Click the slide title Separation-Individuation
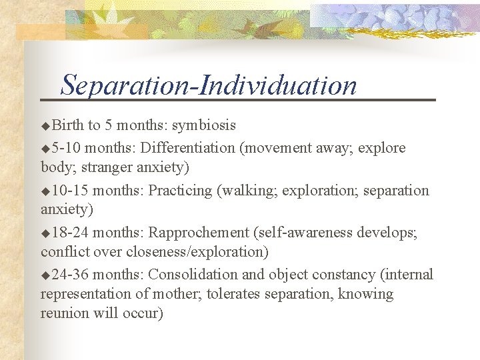tap(209, 85)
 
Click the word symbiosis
tap(204, 126)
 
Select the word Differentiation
tap(189, 147)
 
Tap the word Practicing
tap(180, 191)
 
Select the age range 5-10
tap(66, 148)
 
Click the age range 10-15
tap(70, 191)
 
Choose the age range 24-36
tap(70, 275)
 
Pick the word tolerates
tap(237, 294)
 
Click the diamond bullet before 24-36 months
tap(45, 275)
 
